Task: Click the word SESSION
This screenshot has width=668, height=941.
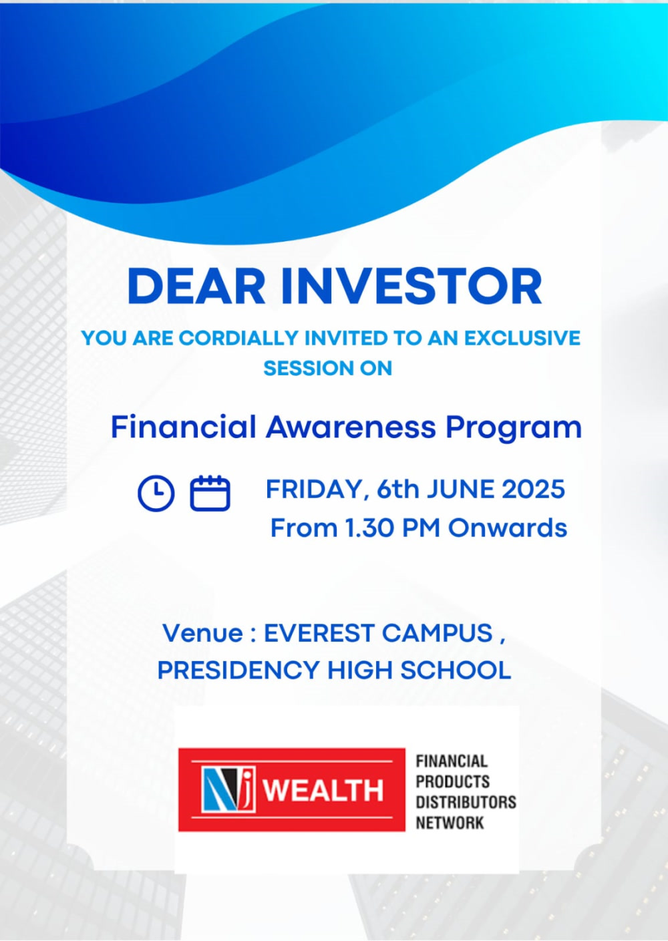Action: click(303, 368)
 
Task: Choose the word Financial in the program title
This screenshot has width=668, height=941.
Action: click(183, 427)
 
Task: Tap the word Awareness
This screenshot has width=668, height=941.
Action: click(351, 427)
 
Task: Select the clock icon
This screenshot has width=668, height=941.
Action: click(156, 494)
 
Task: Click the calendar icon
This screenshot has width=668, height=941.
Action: click(210, 493)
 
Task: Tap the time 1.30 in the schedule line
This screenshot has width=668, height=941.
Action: click(369, 528)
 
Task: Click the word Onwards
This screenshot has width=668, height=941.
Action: click(508, 528)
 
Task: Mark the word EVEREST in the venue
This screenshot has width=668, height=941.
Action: click(319, 633)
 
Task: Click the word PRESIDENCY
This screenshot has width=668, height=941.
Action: click(238, 670)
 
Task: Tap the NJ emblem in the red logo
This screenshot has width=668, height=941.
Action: click(229, 789)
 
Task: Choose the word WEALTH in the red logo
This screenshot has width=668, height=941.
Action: click(324, 790)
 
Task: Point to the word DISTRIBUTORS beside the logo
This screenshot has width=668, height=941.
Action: click(466, 802)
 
